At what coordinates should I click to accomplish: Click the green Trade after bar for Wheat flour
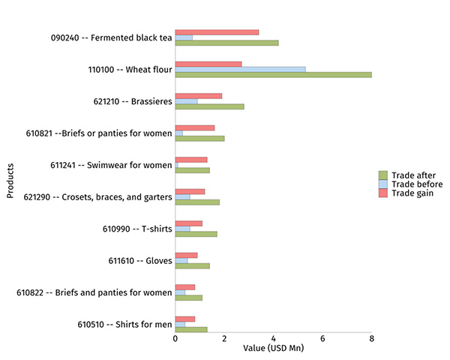tap(273, 74)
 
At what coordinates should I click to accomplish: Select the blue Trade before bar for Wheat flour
tap(240, 69)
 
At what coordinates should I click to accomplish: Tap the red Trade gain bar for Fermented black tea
tap(217, 32)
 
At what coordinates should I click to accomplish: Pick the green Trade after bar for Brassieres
tap(209, 106)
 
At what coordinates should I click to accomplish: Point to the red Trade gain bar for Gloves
tap(186, 255)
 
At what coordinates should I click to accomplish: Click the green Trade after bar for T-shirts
tap(196, 234)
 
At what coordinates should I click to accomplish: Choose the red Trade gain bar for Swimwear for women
tap(190, 160)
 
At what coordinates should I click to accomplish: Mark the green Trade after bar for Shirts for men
tap(190, 329)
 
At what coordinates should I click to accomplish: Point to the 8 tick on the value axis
tap(372, 338)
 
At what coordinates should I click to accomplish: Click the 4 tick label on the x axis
tap(273, 338)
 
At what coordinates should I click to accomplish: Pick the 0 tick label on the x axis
tap(175, 338)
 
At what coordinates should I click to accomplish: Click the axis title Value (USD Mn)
tap(273, 349)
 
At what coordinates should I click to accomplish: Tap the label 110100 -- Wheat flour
tap(130, 70)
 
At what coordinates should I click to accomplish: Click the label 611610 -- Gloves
tap(140, 261)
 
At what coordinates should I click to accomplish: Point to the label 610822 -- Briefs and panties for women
tap(94, 292)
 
